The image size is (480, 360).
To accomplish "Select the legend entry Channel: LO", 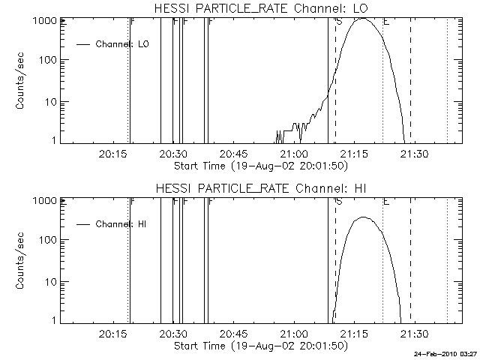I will coord(122,44).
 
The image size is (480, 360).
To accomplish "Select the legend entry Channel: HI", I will coord(121,223).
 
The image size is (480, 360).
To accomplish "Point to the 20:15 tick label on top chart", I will coord(112,154).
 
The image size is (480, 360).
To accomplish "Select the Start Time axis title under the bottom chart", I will coord(259,346).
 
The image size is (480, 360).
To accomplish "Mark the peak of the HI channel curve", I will coord(364,217).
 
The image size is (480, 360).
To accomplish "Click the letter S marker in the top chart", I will coord(339,22).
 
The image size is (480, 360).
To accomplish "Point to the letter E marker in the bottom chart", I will coord(386,202).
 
